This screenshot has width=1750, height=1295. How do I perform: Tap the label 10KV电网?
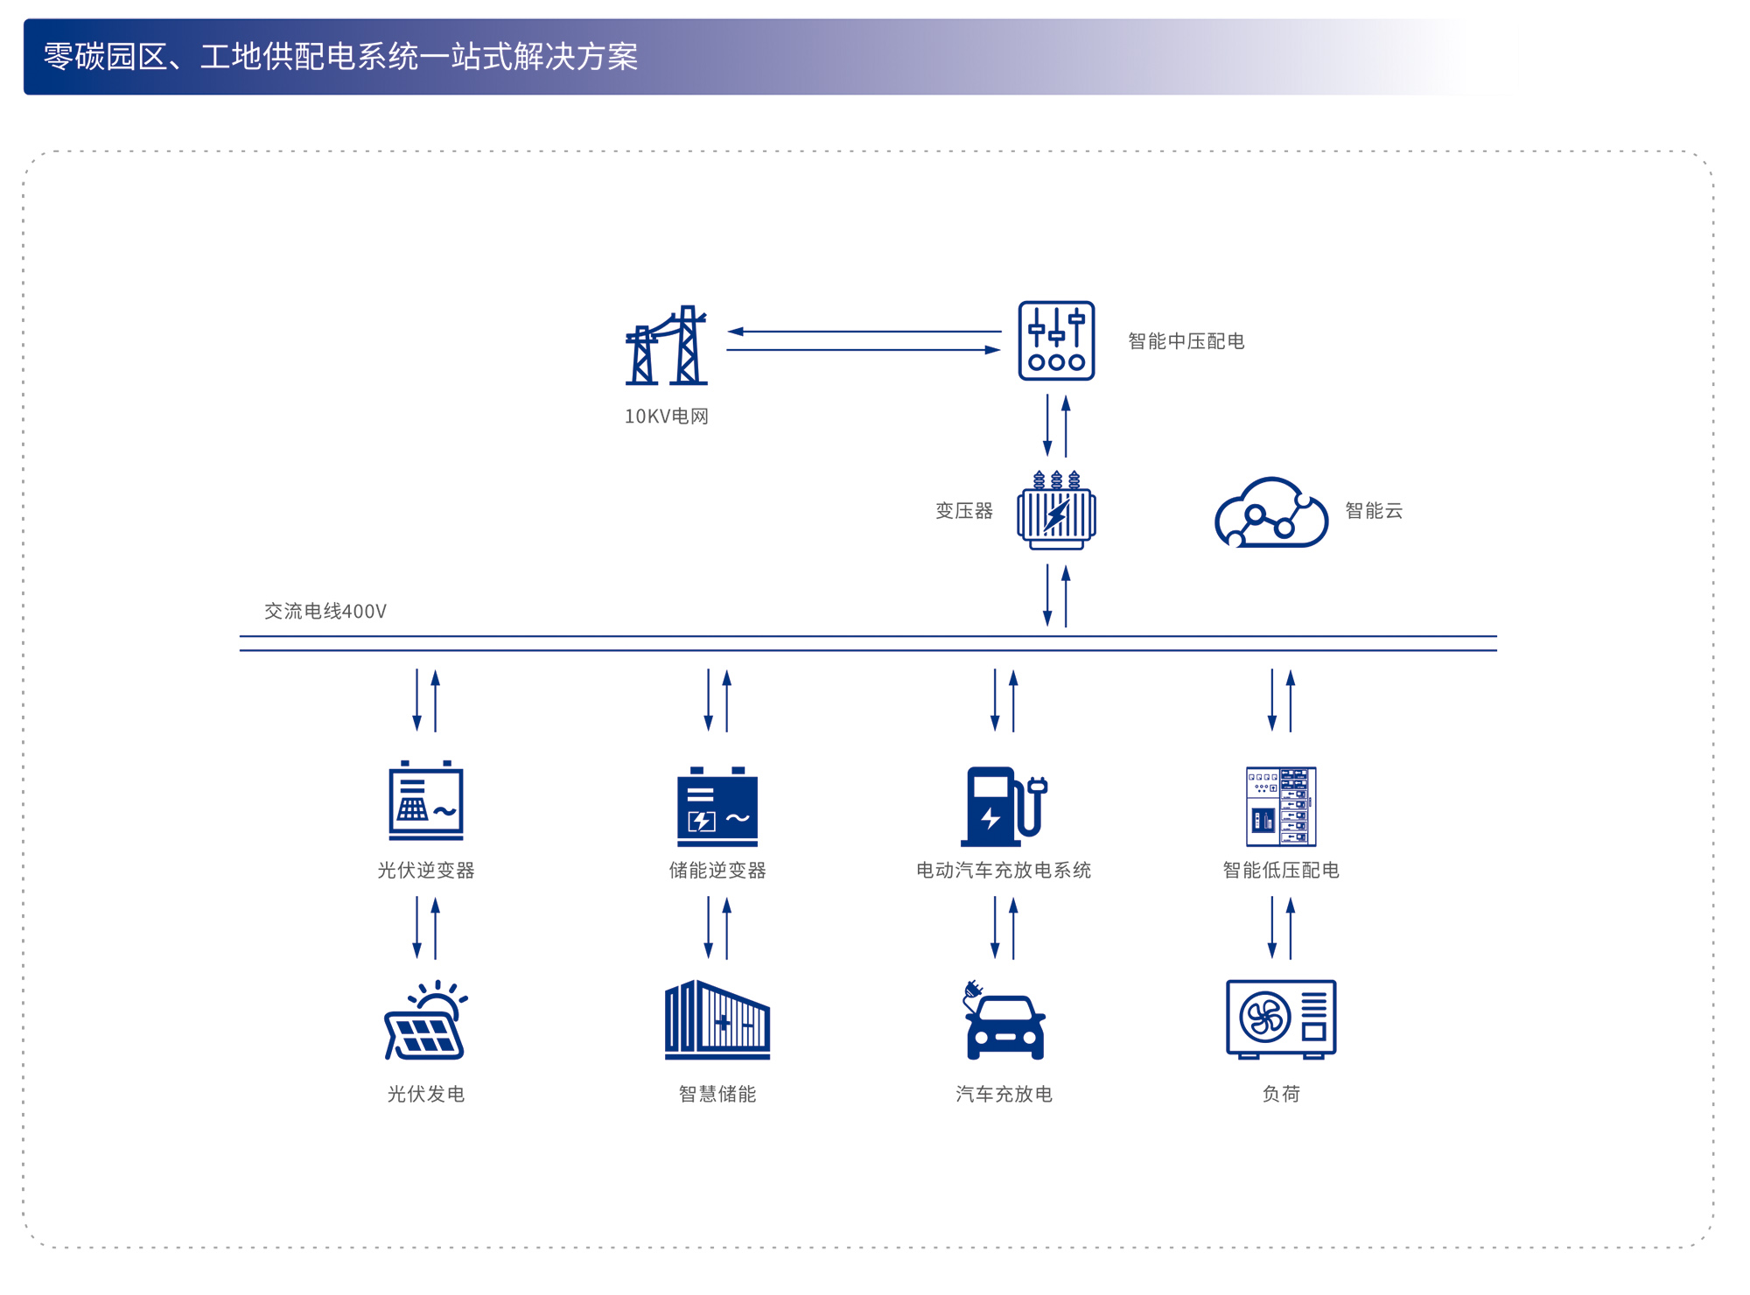pos(666,416)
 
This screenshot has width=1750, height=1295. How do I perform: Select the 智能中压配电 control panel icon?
pos(1056,340)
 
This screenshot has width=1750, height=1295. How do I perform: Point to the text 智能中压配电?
pos(1186,341)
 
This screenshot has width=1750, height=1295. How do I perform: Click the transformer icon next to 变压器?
pos(1056,511)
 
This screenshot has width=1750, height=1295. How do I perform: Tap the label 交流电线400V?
pos(325,611)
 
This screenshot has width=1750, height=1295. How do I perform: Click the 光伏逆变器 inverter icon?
pos(426,801)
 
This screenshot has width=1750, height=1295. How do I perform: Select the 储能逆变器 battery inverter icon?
pos(717,807)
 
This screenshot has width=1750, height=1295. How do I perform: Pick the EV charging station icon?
pos(1003,807)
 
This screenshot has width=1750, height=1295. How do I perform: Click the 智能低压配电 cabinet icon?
pos(1281,806)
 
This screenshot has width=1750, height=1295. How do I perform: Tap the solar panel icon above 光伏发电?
pos(426,1020)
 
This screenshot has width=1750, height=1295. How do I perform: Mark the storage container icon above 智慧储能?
pos(717,1020)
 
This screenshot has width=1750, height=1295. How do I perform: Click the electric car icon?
pos(1004,1022)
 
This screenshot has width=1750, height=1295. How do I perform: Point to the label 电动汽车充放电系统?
pos(1004,870)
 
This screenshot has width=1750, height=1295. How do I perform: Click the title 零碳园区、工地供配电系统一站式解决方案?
pos(341,57)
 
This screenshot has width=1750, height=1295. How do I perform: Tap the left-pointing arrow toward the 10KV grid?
pos(864,332)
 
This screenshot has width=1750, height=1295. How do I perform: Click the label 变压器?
pos(964,511)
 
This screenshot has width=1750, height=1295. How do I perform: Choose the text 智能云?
pos(1374,511)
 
